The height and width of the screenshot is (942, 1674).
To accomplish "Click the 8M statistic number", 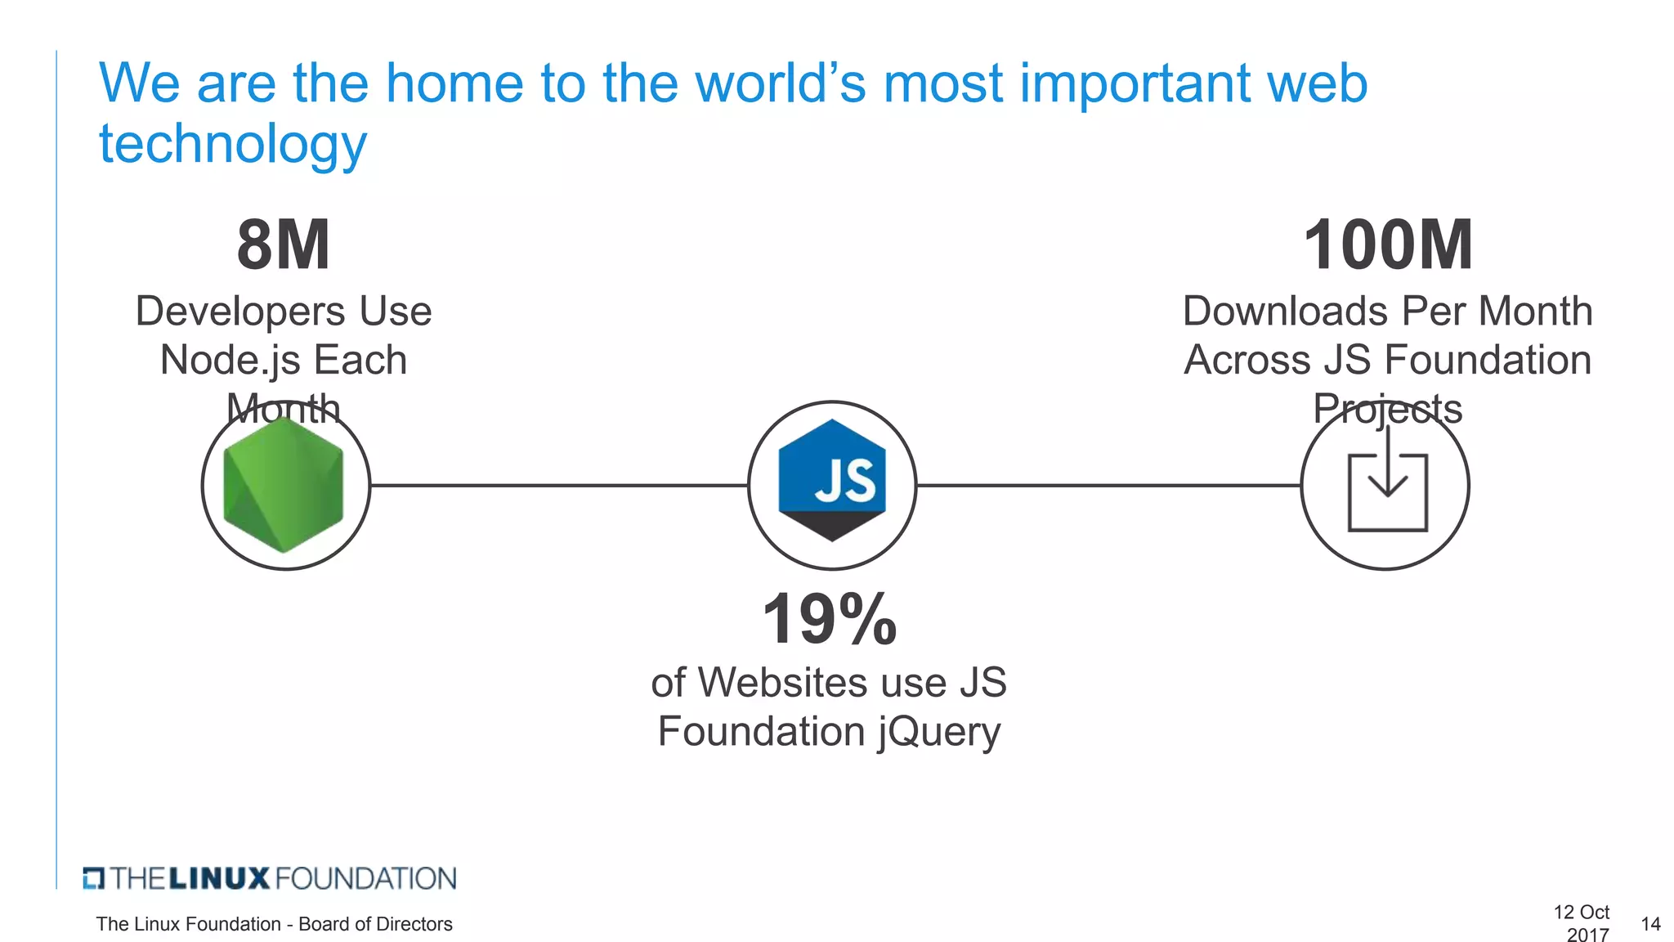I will click(x=284, y=244).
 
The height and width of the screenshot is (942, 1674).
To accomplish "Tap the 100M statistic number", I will click(x=1388, y=244).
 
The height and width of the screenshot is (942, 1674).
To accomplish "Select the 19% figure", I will click(x=830, y=619).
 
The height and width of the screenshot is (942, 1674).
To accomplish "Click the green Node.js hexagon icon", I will click(x=284, y=485).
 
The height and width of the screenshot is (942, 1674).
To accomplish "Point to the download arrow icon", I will click(x=1387, y=482).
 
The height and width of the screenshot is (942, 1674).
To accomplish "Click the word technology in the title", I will click(x=233, y=144).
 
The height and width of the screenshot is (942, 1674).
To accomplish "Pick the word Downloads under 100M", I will click(x=1286, y=312).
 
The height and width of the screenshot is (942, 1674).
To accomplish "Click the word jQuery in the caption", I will click(x=939, y=731).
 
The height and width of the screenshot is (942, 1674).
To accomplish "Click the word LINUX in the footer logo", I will click(x=219, y=879).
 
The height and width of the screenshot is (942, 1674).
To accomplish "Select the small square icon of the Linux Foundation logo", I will click(x=94, y=878).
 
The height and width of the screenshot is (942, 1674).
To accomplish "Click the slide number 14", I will click(x=1650, y=924).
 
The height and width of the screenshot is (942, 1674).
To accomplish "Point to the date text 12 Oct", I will click(x=1581, y=912).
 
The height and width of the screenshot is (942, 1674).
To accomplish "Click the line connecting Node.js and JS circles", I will click(x=559, y=486).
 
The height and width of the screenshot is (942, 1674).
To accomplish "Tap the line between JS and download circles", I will click(x=1108, y=486).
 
